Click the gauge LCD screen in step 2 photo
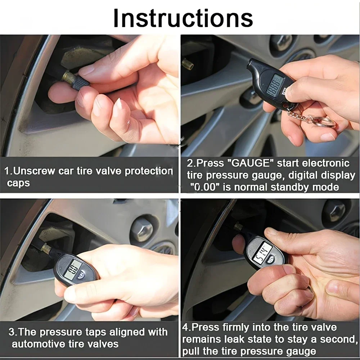coord(276,84)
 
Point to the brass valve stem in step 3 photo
coord(46,248)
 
